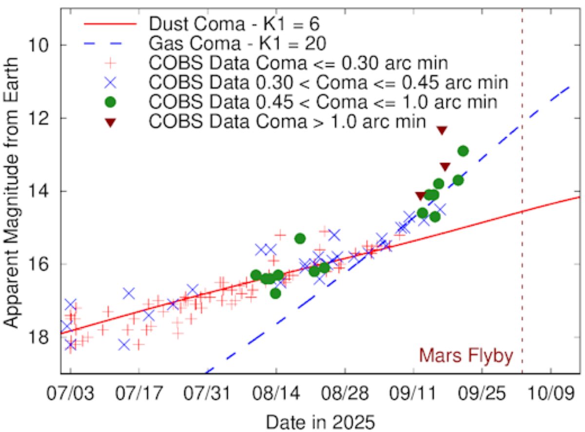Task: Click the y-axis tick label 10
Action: (39, 45)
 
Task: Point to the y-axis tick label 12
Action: (39, 118)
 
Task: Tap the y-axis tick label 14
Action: (39, 191)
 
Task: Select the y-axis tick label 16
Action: (39, 264)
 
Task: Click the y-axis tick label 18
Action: (39, 337)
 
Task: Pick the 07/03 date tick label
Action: (70, 393)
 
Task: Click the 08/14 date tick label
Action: (276, 393)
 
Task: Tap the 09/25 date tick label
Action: (482, 393)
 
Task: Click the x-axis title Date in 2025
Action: (320, 422)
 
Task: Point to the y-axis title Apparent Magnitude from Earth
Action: (11, 193)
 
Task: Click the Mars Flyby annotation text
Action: (466, 355)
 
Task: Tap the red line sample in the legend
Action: (110, 24)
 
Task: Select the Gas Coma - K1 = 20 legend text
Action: (237, 43)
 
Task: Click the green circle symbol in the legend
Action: (110, 102)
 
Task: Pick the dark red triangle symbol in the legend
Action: (110, 122)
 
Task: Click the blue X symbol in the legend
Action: (110, 82)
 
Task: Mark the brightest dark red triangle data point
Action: (442, 130)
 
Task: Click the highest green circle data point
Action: (463, 151)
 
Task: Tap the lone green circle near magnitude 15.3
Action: (300, 239)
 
